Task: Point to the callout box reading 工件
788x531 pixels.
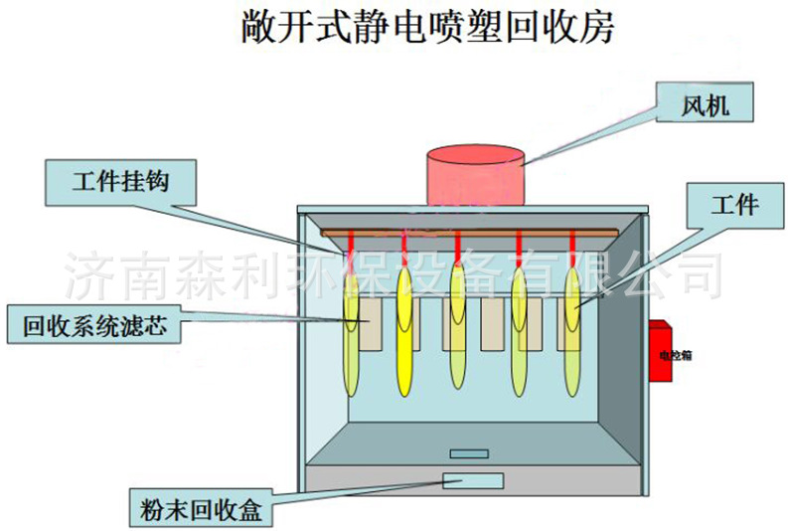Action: click(734, 206)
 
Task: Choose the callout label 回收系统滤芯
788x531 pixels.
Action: click(94, 324)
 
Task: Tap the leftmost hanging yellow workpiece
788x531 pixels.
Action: click(352, 333)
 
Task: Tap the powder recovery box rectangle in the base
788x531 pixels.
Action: click(474, 481)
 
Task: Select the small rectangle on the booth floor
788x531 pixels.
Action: click(468, 453)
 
